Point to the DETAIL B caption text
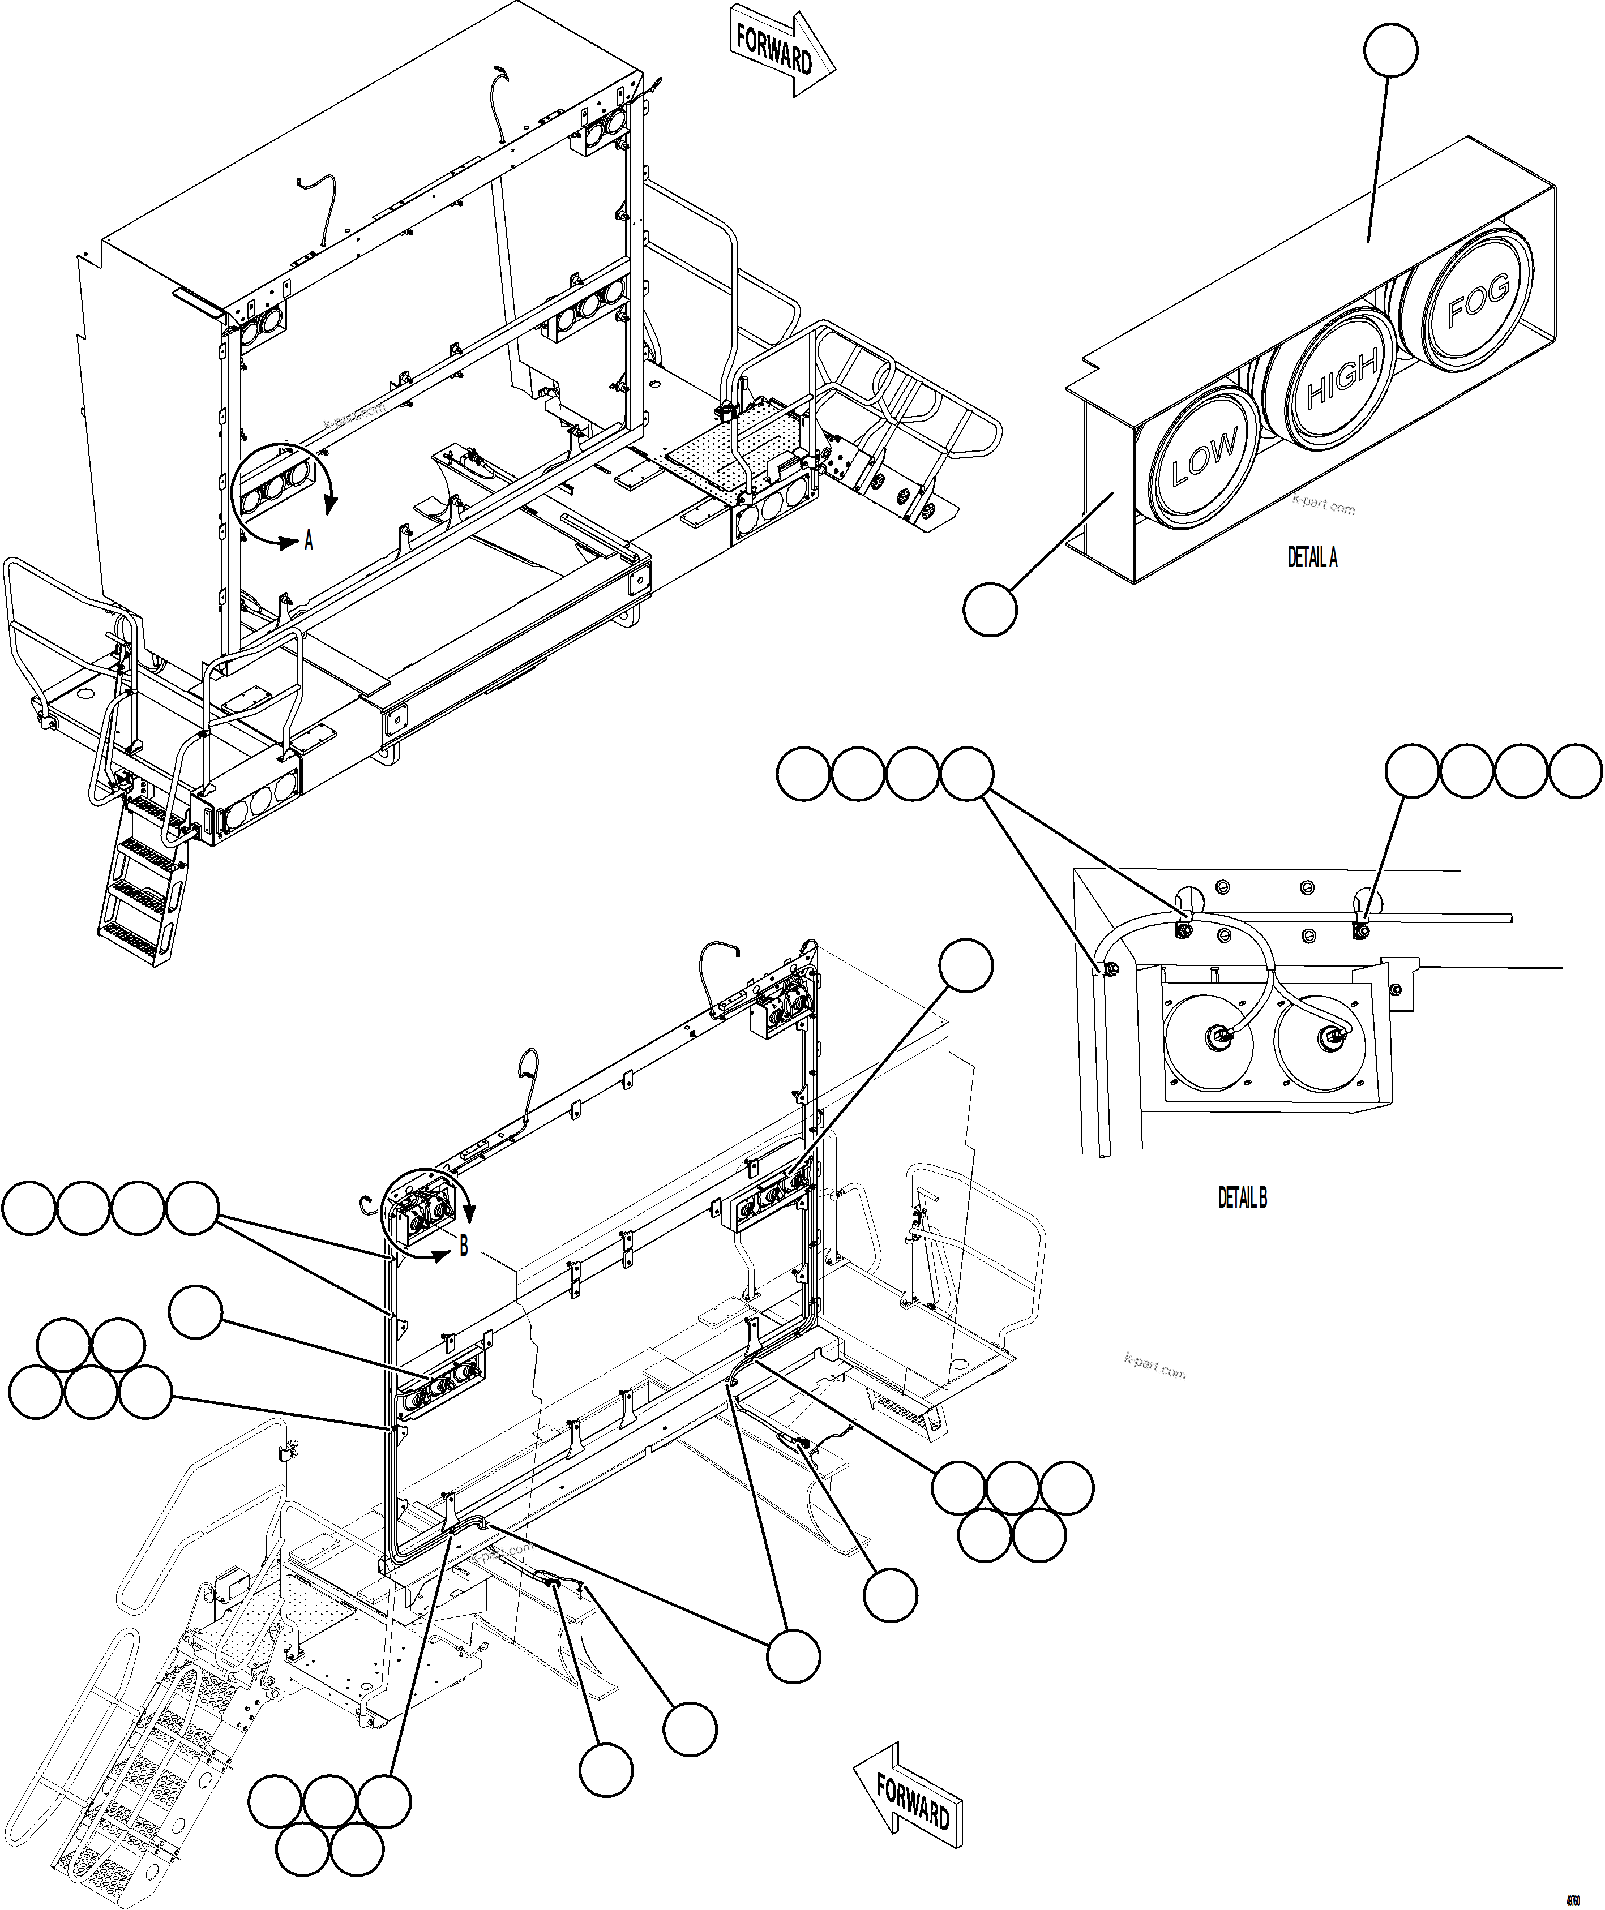(x=1242, y=1198)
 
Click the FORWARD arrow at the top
(x=781, y=53)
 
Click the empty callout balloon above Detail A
(x=1390, y=51)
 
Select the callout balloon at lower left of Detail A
(x=990, y=610)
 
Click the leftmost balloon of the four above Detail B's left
(x=803, y=774)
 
